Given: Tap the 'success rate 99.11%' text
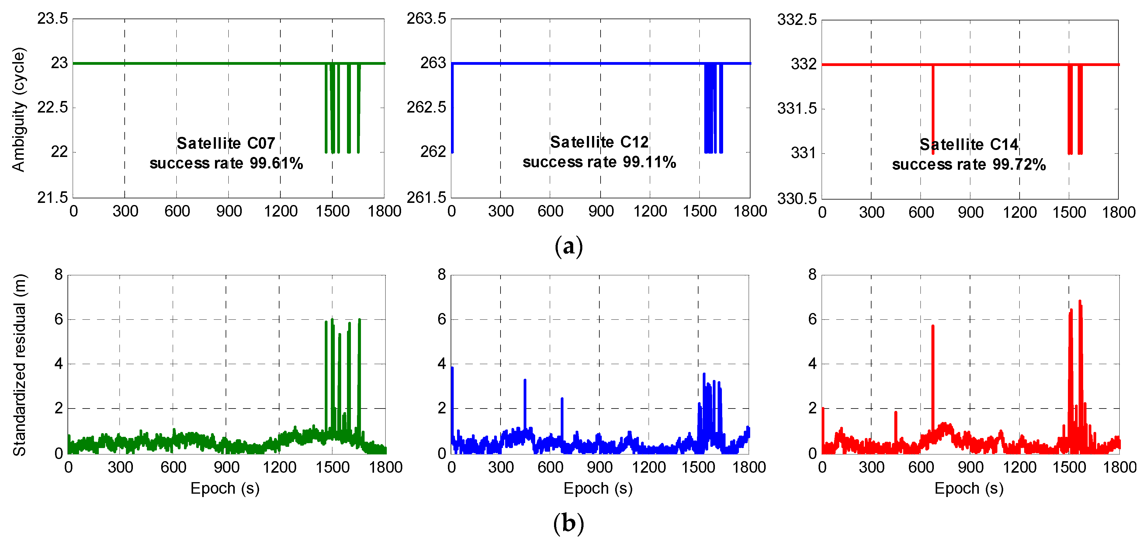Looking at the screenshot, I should coord(599,162).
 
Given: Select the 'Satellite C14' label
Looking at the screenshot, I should coord(969,145).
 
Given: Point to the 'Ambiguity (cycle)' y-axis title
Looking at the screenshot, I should coord(19,109).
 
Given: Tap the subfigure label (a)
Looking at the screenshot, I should coord(569,246).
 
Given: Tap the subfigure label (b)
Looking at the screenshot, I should coord(569,523).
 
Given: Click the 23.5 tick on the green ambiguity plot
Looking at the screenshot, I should coord(53,19).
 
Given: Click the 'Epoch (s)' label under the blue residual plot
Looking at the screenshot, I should coord(598,489).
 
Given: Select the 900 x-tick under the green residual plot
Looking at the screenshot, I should coord(226,467).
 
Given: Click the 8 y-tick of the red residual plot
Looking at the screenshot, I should coord(812,275).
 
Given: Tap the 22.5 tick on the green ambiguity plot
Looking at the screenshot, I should coord(53,107).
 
